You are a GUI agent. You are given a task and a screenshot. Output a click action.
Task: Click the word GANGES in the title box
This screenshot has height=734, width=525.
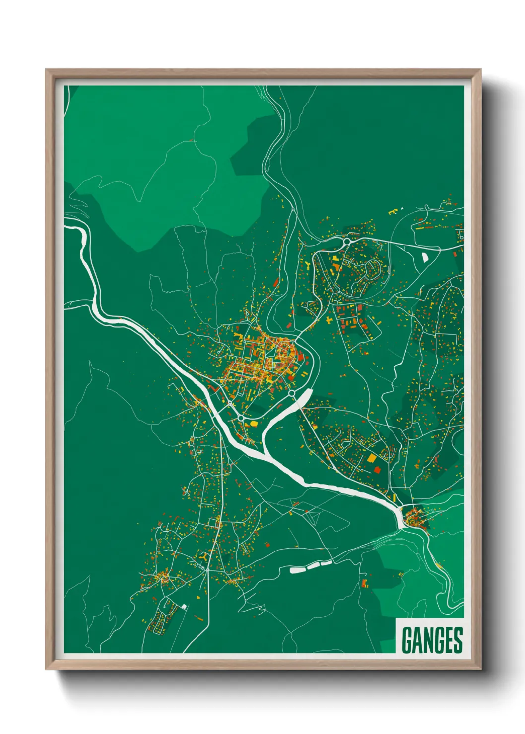click(432, 640)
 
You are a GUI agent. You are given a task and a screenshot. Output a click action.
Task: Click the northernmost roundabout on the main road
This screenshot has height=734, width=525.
click(346, 242)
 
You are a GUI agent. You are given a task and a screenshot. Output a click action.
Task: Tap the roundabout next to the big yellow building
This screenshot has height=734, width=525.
click(241, 418)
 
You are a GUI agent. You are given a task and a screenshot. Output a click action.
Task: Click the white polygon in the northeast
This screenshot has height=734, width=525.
click(425, 257)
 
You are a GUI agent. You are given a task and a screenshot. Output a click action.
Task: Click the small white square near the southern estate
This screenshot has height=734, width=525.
click(184, 606)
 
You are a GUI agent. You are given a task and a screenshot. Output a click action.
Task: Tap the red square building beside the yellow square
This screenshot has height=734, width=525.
click(377, 469)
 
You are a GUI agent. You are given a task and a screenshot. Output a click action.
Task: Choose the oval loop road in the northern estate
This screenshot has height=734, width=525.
click(373, 268)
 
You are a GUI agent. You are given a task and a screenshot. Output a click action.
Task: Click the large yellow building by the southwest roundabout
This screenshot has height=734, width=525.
click(253, 423)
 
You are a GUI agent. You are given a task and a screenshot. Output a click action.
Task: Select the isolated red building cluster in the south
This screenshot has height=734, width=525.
click(365, 582)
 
